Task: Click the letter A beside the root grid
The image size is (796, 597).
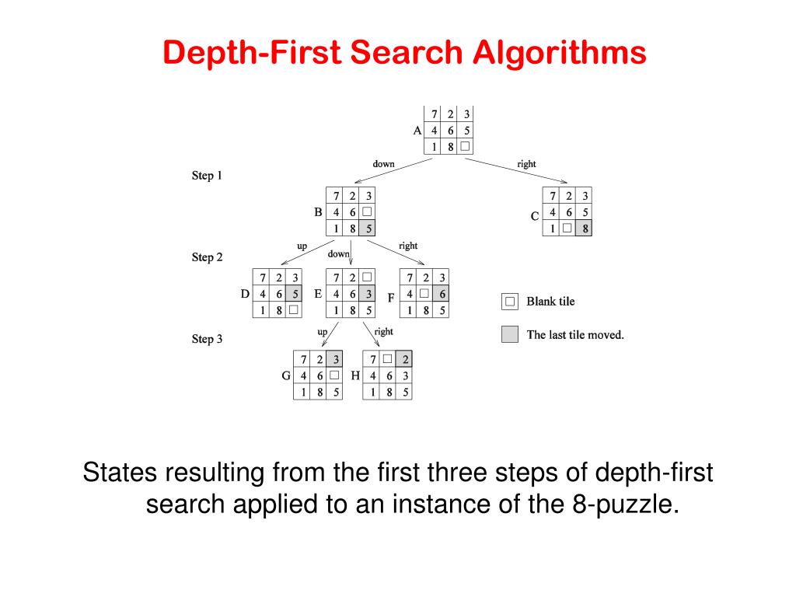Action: (417, 130)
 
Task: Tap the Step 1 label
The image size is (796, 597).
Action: (207, 176)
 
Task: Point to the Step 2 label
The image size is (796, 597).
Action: (207, 257)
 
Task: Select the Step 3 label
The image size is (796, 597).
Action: (207, 339)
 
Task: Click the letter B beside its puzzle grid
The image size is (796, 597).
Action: (318, 211)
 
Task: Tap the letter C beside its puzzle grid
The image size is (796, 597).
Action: (535, 216)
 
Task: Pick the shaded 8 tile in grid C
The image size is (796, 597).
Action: (584, 229)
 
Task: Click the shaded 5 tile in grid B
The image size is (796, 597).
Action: (368, 229)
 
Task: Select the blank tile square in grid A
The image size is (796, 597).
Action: (465, 146)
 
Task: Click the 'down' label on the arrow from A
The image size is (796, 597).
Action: (383, 164)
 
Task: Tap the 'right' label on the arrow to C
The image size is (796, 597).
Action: (526, 164)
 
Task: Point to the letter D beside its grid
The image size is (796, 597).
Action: (245, 294)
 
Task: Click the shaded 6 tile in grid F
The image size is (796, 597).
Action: (442, 294)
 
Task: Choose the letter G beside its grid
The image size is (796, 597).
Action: (286, 375)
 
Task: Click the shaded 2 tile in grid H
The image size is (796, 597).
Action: (404, 359)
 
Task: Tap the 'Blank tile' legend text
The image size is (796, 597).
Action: (550, 301)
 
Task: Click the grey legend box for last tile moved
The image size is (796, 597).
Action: (510, 334)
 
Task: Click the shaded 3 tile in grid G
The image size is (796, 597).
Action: (335, 359)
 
